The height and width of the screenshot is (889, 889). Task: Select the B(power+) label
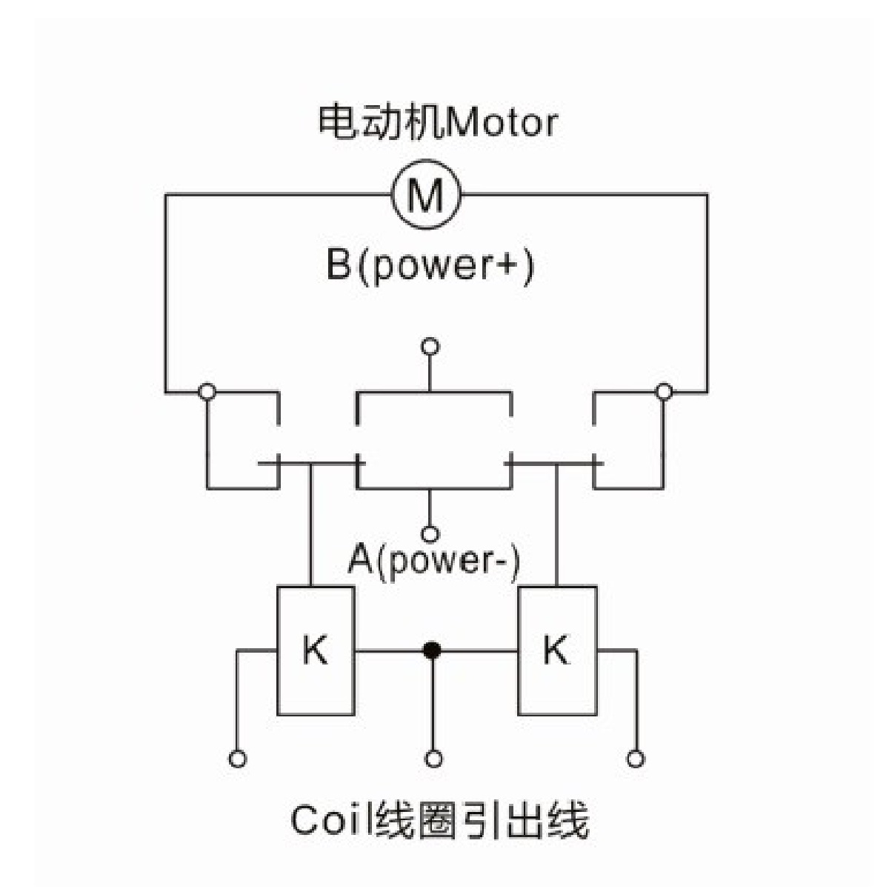click(x=430, y=267)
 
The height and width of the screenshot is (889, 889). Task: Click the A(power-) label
click(x=433, y=561)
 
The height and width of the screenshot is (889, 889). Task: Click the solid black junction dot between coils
click(x=432, y=650)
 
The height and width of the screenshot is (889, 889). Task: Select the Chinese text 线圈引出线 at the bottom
click(x=483, y=820)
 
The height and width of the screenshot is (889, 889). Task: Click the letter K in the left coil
click(x=316, y=649)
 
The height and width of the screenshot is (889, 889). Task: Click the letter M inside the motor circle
click(x=425, y=194)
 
